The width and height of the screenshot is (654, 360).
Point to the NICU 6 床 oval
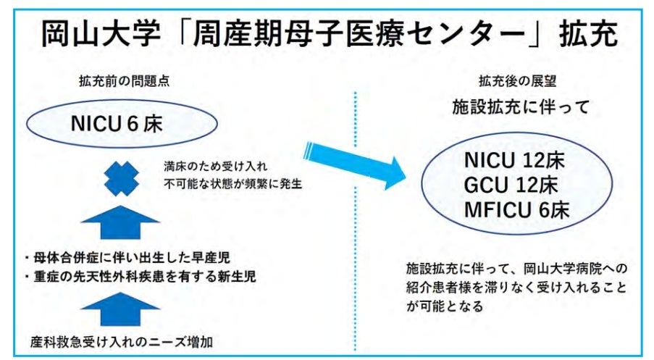pyautogui.click(x=122, y=124)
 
